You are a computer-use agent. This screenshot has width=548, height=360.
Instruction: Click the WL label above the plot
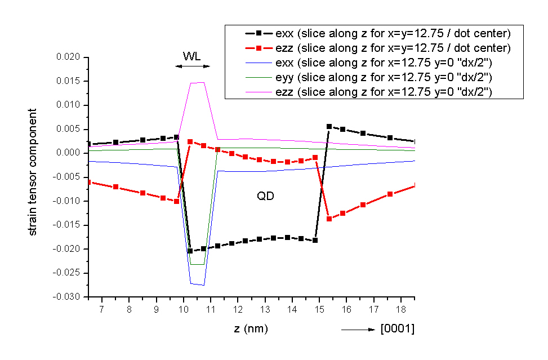pyautogui.click(x=192, y=56)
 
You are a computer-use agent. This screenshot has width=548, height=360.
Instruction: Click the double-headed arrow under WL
pyautogui.click(x=192, y=66)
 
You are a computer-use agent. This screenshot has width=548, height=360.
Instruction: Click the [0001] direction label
pyautogui.click(x=397, y=329)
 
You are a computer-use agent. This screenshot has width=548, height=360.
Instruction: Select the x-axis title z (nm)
pyautogui.click(x=251, y=328)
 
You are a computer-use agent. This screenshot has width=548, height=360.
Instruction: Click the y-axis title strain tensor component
pyautogui.click(x=33, y=172)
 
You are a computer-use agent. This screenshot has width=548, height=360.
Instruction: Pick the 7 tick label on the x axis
pyautogui.click(x=102, y=310)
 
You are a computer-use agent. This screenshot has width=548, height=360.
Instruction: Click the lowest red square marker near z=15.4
pyautogui.click(x=329, y=219)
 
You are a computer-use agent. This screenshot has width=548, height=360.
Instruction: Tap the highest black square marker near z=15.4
pyautogui.click(x=329, y=126)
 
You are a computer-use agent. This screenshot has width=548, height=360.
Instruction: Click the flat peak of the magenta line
pyautogui.click(x=197, y=83)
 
